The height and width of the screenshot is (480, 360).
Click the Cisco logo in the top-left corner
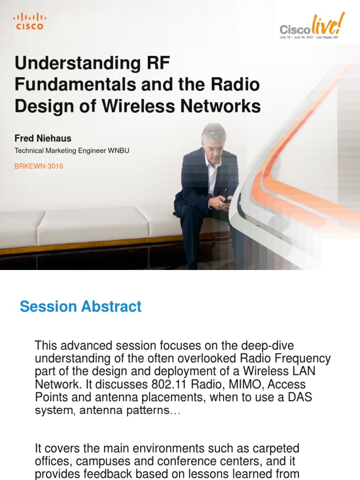pyautogui.click(x=30, y=21)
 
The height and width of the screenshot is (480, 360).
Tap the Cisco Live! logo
pyautogui.click(x=312, y=26)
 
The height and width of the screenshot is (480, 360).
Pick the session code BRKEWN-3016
pyautogui.click(x=39, y=166)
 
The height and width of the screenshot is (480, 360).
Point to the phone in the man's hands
pyautogui.click(x=226, y=200)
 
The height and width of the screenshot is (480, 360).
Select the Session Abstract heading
pyautogui.click(x=81, y=307)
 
